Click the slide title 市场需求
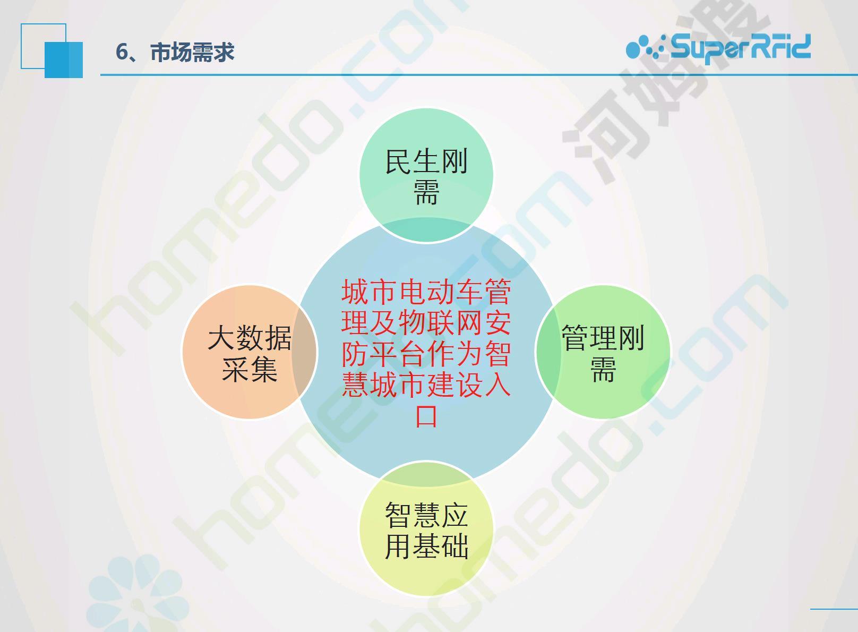(x=192, y=52)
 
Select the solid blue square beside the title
(x=64, y=60)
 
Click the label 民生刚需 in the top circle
(x=426, y=177)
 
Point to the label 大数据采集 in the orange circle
(x=250, y=353)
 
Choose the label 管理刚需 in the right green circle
(x=603, y=353)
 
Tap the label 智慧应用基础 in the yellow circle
(x=426, y=530)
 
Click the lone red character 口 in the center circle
(x=426, y=416)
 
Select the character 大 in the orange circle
(x=221, y=338)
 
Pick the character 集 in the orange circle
(x=264, y=369)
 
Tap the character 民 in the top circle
(x=398, y=161)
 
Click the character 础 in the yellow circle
(x=454, y=546)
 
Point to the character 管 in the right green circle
(x=576, y=338)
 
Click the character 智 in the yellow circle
(x=398, y=515)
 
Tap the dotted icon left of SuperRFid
(x=647, y=47)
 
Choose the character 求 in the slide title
(x=224, y=52)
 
